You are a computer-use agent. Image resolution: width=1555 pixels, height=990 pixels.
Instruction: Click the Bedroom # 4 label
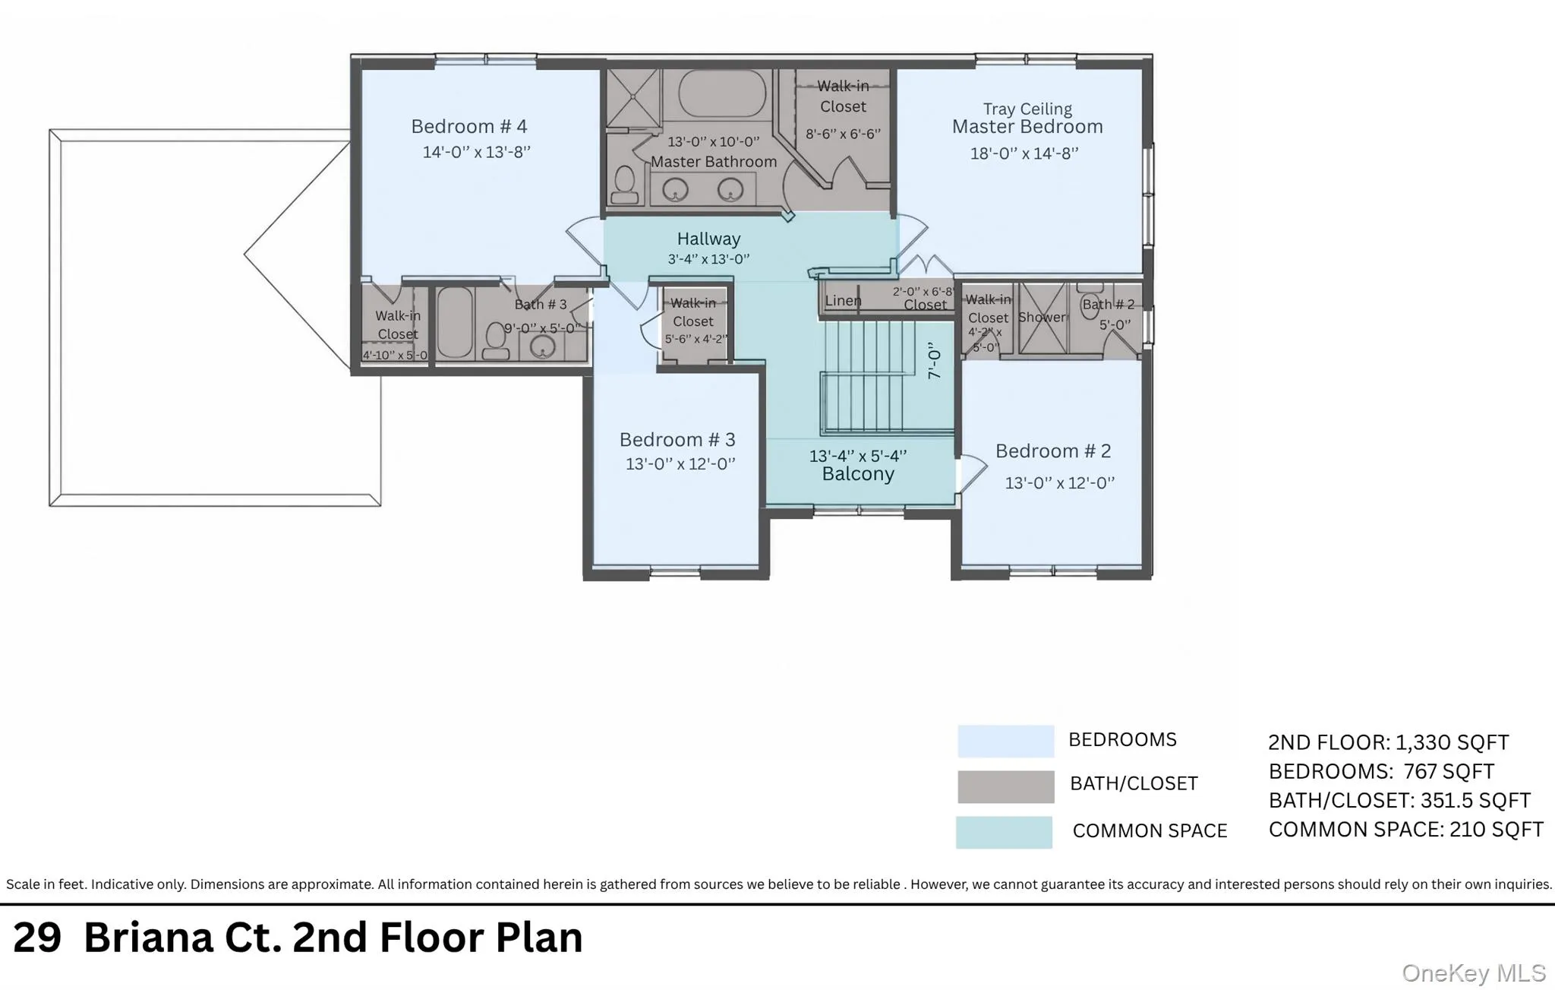468,126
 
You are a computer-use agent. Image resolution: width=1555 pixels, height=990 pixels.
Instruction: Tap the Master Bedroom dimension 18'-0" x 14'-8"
1024,153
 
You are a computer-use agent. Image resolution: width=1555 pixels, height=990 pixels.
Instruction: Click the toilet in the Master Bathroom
625,185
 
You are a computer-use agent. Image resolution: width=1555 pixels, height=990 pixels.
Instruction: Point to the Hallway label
708,239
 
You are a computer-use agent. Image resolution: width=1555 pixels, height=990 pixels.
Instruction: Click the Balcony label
858,474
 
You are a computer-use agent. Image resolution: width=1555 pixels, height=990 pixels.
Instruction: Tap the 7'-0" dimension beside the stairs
935,360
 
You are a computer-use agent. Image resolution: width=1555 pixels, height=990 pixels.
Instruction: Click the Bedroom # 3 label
677,440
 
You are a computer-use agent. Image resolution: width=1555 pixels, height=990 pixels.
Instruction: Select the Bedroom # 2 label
1053,451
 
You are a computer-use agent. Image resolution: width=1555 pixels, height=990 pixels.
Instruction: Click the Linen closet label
843,301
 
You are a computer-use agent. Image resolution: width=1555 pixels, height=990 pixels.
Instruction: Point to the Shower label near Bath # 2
1042,317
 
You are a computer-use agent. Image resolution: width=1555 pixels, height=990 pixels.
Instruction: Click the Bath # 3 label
541,305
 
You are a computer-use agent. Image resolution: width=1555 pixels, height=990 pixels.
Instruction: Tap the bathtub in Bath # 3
455,323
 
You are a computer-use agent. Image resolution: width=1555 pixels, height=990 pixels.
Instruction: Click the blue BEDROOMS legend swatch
1005,741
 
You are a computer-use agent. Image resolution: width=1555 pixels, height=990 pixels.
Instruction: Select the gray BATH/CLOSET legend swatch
1005,786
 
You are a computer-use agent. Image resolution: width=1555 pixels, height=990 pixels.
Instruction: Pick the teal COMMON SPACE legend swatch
1004,832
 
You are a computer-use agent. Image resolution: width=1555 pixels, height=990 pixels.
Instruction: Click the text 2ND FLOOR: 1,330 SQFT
1388,742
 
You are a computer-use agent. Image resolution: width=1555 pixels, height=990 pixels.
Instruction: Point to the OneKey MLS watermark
1474,973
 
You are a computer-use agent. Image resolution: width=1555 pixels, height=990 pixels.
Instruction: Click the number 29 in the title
37,938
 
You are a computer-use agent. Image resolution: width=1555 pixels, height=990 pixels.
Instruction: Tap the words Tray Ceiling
1027,109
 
